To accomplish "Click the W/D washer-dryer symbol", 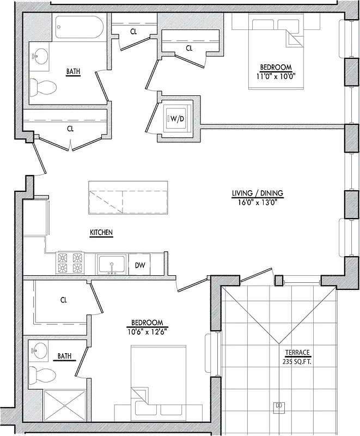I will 176,119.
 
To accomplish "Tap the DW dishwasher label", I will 139,265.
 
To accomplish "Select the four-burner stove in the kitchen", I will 70,264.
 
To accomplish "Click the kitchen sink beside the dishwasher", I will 112,265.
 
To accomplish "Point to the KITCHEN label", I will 101,233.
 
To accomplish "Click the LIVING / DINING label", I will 258,193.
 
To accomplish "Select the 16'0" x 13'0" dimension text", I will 258,202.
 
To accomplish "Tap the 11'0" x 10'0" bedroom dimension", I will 275,76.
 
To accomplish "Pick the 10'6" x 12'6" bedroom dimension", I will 146,331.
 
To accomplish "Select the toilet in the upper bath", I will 42,86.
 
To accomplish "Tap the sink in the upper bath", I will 40,56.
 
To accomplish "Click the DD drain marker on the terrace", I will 279,405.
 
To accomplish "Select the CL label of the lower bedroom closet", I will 63,300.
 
